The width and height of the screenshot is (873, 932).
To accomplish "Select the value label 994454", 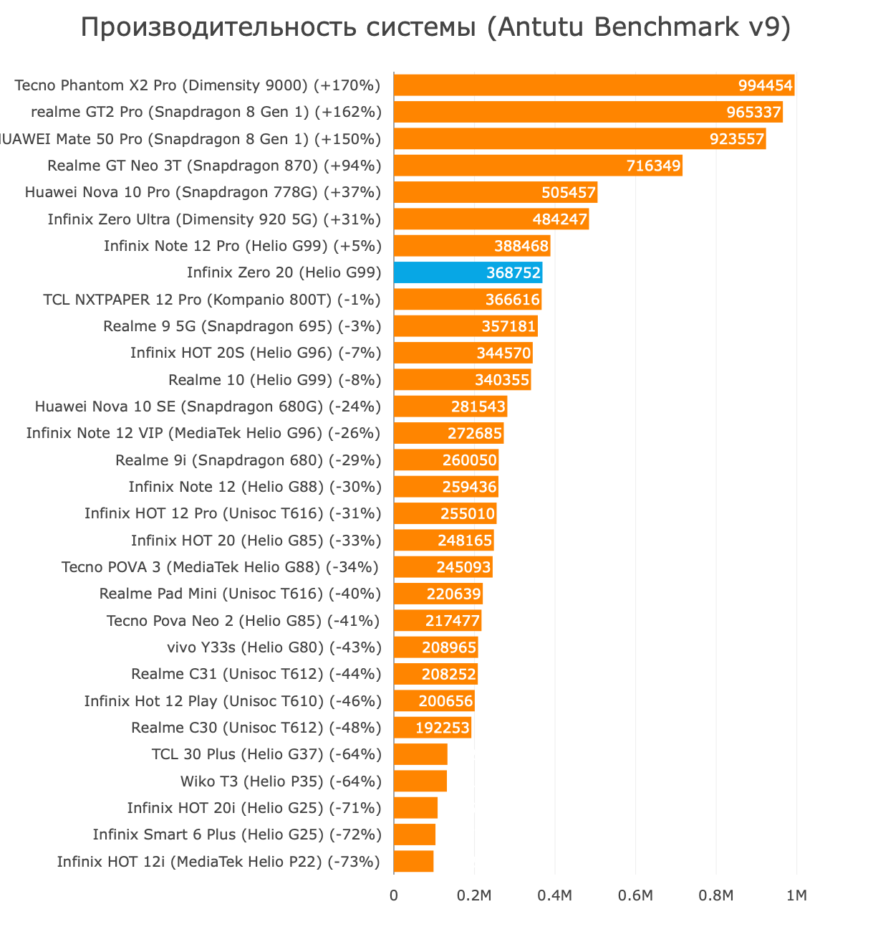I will pyautogui.click(x=765, y=86).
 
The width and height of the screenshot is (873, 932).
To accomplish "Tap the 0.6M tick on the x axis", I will pyautogui.click(x=635, y=895).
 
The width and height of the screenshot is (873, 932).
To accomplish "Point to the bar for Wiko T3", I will pyautogui.click(x=420, y=781).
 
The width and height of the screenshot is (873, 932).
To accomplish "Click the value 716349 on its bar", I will pyautogui.click(x=653, y=166).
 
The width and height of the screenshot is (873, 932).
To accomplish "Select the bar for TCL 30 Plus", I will pyautogui.click(x=420, y=754).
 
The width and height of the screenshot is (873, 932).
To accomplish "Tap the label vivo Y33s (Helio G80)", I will pyautogui.click(x=274, y=647).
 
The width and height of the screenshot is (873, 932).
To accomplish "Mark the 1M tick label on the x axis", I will pyautogui.click(x=796, y=895).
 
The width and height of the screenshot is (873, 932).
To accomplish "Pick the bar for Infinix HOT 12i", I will pyautogui.click(x=413, y=861).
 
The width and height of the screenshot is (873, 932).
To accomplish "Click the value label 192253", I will pyautogui.click(x=443, y=728).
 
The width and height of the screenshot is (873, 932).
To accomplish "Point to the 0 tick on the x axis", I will pyautogui.click(x=393, y=895).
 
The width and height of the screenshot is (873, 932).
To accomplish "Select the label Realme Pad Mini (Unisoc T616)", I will pyautogui.click(x=240, y=594).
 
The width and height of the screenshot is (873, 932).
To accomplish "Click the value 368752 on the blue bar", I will pyautogui.click(x=513, y=273).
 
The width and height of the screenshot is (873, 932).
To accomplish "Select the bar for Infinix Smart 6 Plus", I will pyautogui.click(x=415, y=834).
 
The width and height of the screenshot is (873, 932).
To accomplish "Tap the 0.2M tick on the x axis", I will pyautogui.click(x=474, y=895).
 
